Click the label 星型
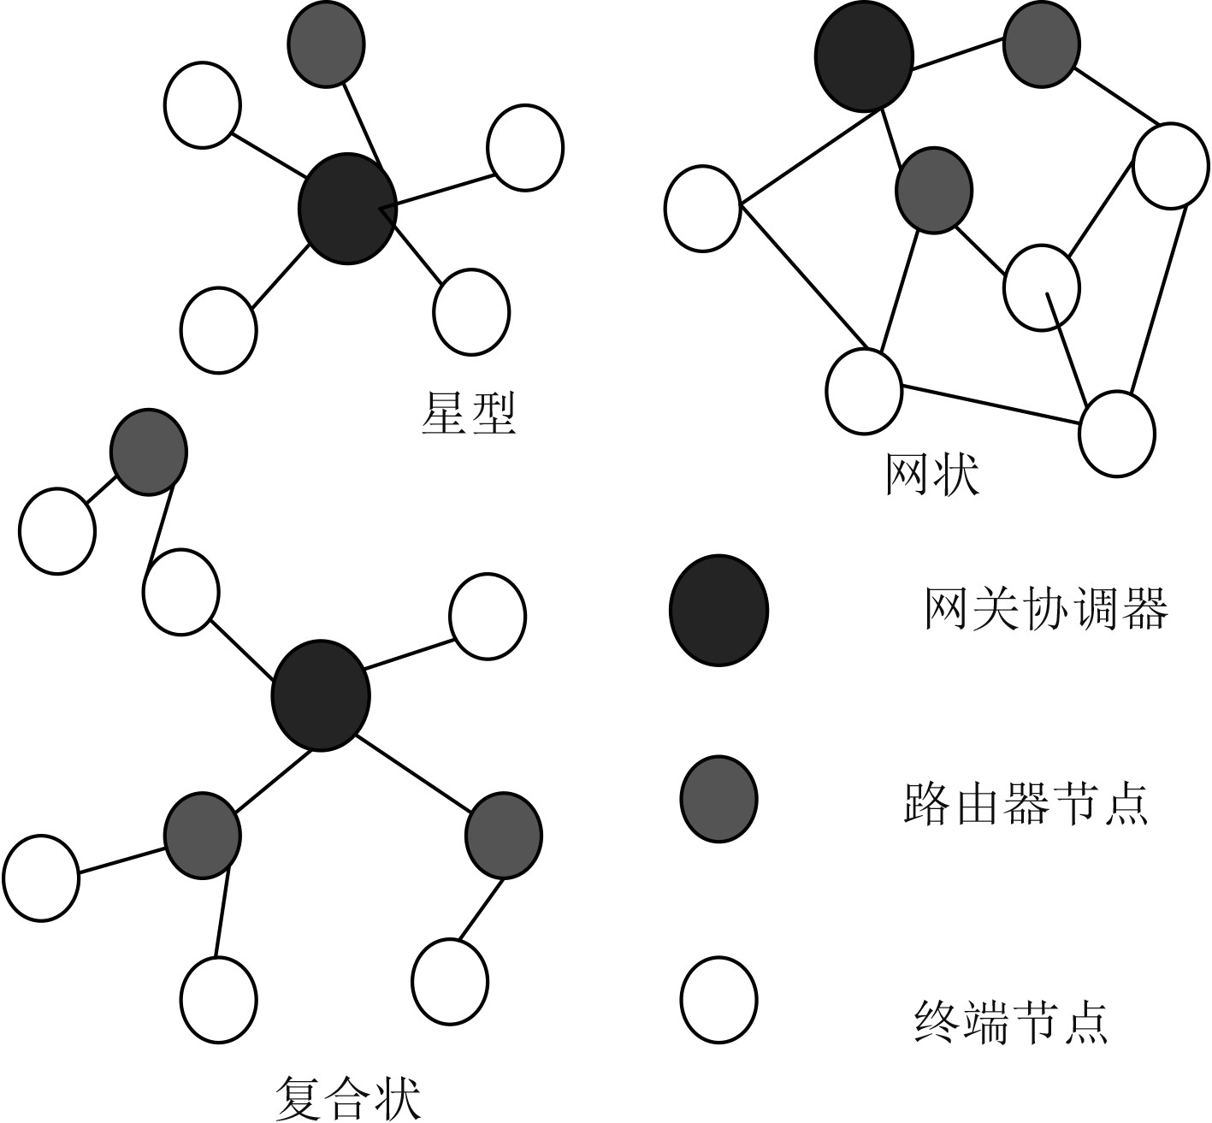pyautogui.click(x=470, y=414)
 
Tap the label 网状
pyautogui.click(x=931, y=475)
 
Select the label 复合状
pyautogui.click(x=350, y=1098)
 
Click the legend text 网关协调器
pyautogui.click(x=1046, y=610)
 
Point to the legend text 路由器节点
pyautogui.click(x=1025, y=802)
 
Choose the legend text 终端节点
pyautogui.click(x=1012, y=1022)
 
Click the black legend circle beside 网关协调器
pyautogui.click(x=718, y=610)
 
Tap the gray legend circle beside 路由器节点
pyautogui.click(x=718, y=799)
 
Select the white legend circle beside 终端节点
pyautogui.click(x=718, y=1000)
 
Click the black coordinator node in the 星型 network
pyautogui.click(x=347, y=208)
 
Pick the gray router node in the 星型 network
pyautogui.click(x=326, y=44)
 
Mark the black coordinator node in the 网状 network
pyautogui.click(x=864, y=56)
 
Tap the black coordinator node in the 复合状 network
pyautogui.click(x=320, y=695)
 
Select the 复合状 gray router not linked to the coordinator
pyautogui.click(x=149, y=452)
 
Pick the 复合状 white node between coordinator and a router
pyautogui.click(x=180, y=592)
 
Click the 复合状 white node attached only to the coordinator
pyautogui.click(x=488, y=616)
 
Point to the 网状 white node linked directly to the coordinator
pyautogui.click(x=702, y=208)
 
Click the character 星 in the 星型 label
pyautogui.click(x=446, y=414)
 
